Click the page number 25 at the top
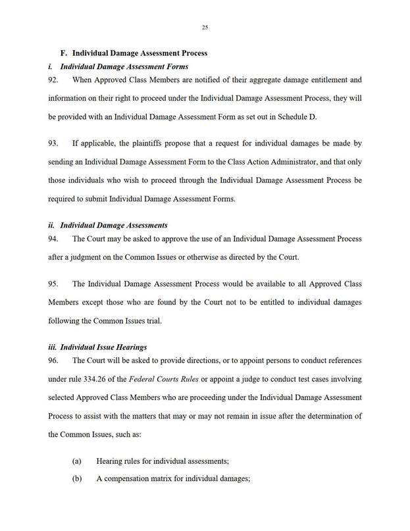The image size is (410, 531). [x=205, y=27]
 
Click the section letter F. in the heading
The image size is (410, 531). [x=64, y=52]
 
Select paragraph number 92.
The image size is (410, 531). [x=54, y=80]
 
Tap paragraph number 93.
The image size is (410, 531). [x=54, y=142]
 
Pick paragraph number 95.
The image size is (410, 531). [x=54, y=283]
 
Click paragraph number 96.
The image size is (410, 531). [x=54, y=360]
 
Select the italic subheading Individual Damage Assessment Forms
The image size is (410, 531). [x=124, y=66]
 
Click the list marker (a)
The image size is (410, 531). [x=76, y=461]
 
